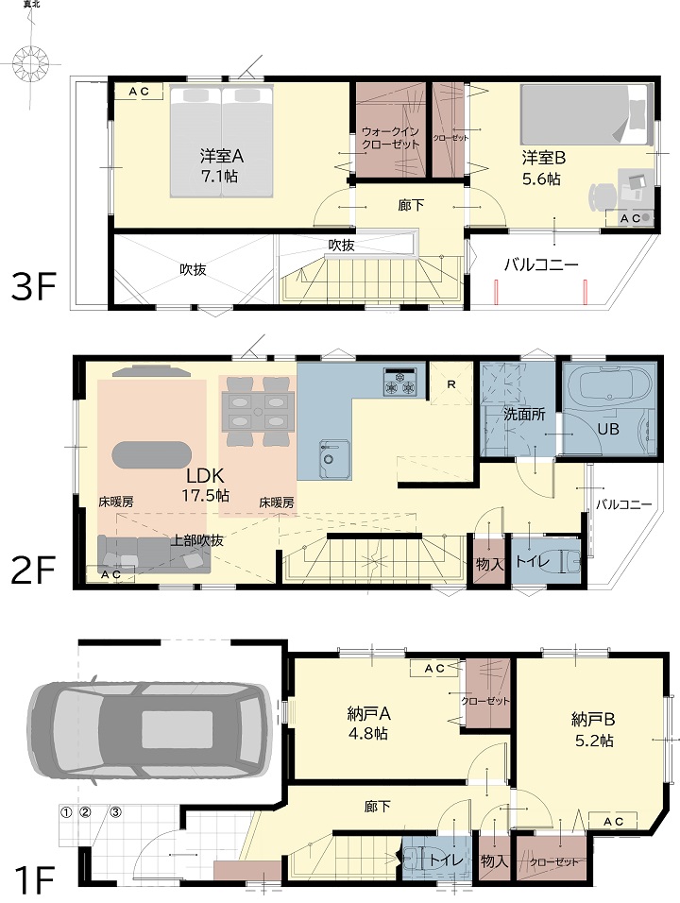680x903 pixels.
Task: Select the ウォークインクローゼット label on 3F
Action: (x=391, y=138)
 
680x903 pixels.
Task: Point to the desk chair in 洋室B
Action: (x=599, y=196)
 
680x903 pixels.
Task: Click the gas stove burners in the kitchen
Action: (x=399, y=383)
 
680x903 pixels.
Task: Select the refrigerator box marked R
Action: (x=451, y=383)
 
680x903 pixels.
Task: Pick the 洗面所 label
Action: (x=524, y=414)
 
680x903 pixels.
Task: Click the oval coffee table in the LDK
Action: (x=151, y=454)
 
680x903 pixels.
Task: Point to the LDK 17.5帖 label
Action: (x=206, y=485)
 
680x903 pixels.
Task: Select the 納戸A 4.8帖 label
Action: (x=369, y=724)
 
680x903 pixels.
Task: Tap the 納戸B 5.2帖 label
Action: (x=594, y=729)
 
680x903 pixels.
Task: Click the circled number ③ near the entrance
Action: (x=116, y=812)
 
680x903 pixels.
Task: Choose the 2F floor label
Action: (x=33, y=569)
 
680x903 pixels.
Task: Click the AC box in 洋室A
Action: (x=139, y=91)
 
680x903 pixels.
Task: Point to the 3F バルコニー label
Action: (x=541, y=264)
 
